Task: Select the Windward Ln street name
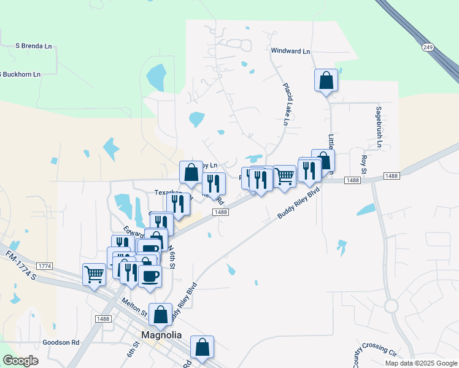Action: (x=290, y=52)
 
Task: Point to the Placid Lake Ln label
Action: (x=285, y=105)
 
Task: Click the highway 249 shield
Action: (x=428, y=47)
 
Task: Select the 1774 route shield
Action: (x=45, y=266)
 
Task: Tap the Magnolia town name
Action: (x=161, y=335)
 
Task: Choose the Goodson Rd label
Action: (x=61, y=342)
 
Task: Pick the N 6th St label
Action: (x=172, y=256)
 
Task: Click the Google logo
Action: (x=20, y=361)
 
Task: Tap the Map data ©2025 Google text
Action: (x=420, y=363)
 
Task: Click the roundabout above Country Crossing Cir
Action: (x=391, y=305)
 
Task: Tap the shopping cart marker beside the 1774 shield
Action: (x=94, y=274)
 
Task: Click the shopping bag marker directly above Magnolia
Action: (x=161, y=315)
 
